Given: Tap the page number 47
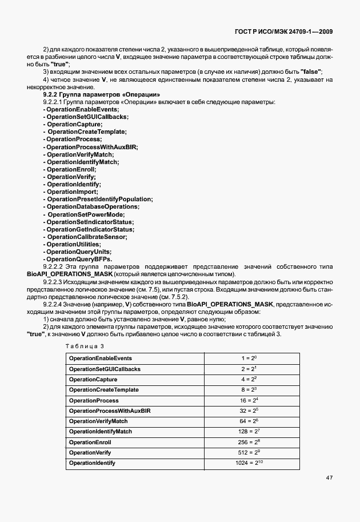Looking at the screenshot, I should (x=330, y=477).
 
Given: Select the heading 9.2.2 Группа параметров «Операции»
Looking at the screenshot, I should (x=101, y=94).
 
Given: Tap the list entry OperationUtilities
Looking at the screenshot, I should (x=74, y=244).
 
